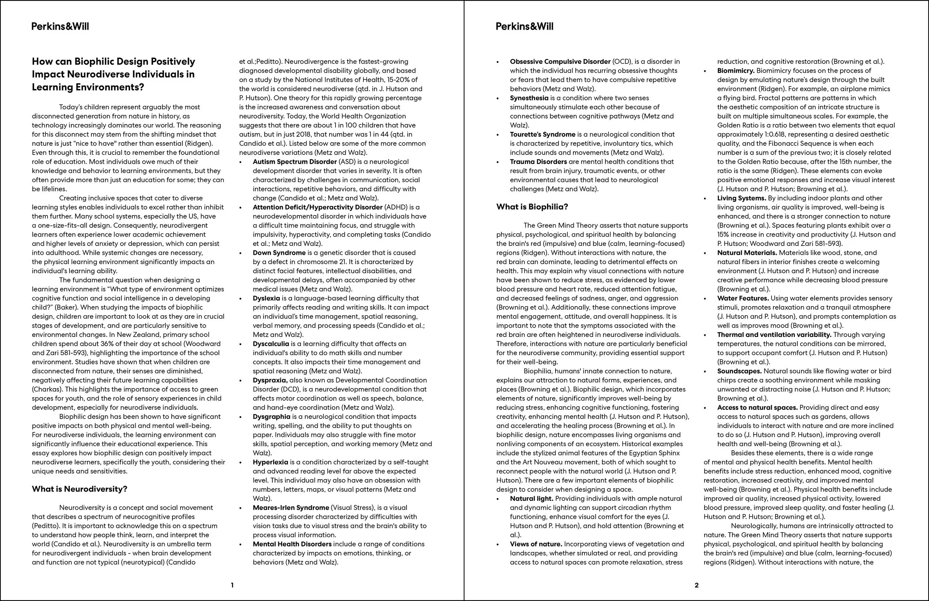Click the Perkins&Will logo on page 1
[x=60, y=26]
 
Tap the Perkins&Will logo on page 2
[x=524, y=26]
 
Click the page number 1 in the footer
[x=232, y=585]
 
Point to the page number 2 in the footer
[x=696, y=585]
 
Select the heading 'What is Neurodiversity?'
[x=80, y=489]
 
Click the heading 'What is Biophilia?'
[x=532, y=207]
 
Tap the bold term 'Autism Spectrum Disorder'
[x=295, y=162]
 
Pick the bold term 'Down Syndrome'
[x=279, y=253]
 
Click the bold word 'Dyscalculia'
[x=271, y=344]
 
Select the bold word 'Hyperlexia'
[x=271, y=462]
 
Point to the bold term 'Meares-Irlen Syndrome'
[x=291, y=508]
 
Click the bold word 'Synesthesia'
[x=529, y=98]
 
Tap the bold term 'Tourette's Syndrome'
[x=543, y=134]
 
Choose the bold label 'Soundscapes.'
[x=739, y=371]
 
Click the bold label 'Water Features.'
[x=743, y=298]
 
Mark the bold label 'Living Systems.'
[x=742, y=198]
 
